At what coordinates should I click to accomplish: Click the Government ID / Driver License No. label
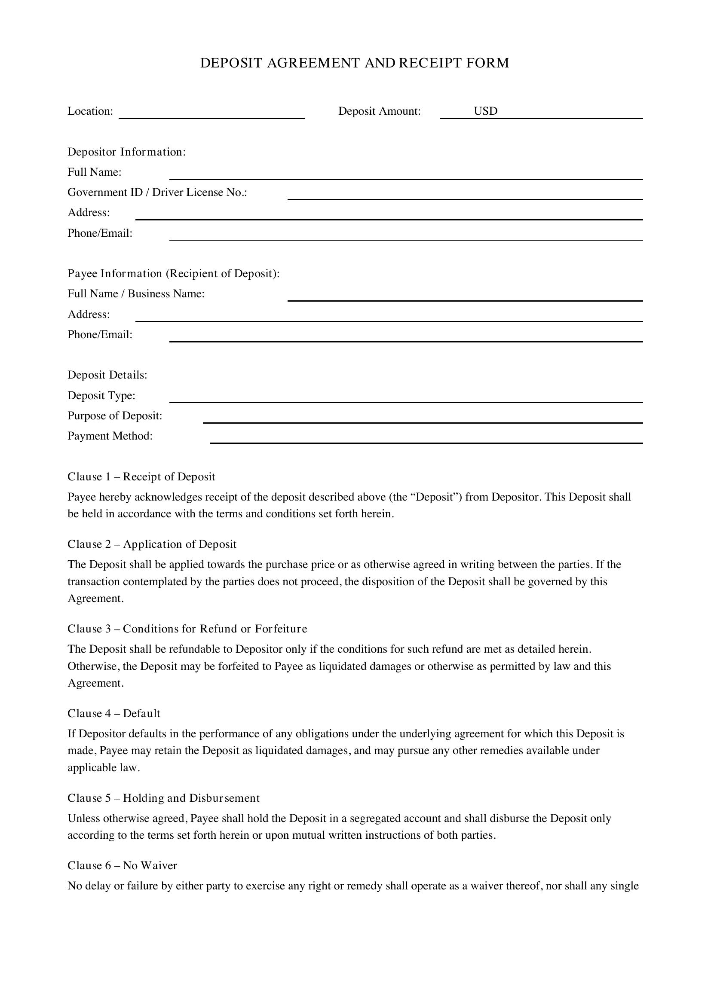[157, 192]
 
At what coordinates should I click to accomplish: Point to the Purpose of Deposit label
[115, 416]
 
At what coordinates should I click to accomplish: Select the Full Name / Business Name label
[136, 294]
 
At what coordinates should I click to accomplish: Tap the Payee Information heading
[173, 274]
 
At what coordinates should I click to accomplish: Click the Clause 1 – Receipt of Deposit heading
[141, 477]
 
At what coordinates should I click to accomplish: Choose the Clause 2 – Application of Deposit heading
[151, 544]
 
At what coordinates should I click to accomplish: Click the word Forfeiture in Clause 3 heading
[281, 629]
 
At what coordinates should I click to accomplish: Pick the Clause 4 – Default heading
[113, 714]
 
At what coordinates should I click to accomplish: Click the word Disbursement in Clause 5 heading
[224, 798]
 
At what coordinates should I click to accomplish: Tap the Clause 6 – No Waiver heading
[122, 865]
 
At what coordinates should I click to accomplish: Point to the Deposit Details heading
[107, 375]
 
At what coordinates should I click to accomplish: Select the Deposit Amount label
[379, 111]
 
